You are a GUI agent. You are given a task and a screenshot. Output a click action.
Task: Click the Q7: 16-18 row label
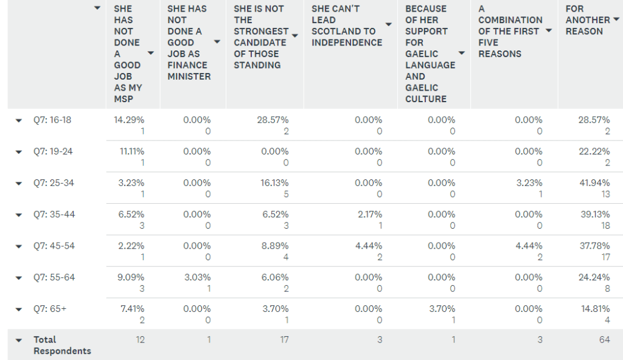point(52,120)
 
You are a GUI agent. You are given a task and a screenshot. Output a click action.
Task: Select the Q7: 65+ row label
point(50,309)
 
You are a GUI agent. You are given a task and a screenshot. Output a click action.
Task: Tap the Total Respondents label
point(63,345)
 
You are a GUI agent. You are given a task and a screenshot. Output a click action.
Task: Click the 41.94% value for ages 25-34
point(594,183)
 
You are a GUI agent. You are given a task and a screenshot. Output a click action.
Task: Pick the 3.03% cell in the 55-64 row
point(197,277)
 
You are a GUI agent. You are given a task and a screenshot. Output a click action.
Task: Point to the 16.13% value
point(274,183)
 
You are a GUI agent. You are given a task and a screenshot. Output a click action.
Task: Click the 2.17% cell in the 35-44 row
point(369,214)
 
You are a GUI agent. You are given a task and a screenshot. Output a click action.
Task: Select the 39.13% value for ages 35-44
point(595,214)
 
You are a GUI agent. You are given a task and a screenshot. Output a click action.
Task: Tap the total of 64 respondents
point(604,340)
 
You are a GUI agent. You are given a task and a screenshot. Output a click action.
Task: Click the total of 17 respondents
point(284,340)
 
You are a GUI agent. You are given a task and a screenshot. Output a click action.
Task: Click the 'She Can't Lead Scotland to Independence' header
point(346,26)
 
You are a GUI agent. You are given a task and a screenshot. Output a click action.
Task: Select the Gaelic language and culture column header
point(430,54)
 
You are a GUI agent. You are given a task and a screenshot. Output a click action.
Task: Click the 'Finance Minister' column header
point(189,43)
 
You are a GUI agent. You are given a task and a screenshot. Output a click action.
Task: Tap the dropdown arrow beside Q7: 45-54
point(19,246)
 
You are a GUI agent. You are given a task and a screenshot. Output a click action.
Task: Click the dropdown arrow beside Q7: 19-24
point(19,152)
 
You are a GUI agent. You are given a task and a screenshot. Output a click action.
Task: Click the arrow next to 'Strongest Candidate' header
point(295,36)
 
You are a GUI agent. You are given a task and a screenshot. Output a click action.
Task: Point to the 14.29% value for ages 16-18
point(129,120)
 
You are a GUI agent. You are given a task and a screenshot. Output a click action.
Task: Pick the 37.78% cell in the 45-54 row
point(594,246)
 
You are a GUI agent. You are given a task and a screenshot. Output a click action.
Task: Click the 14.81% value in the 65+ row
point(595,309)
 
